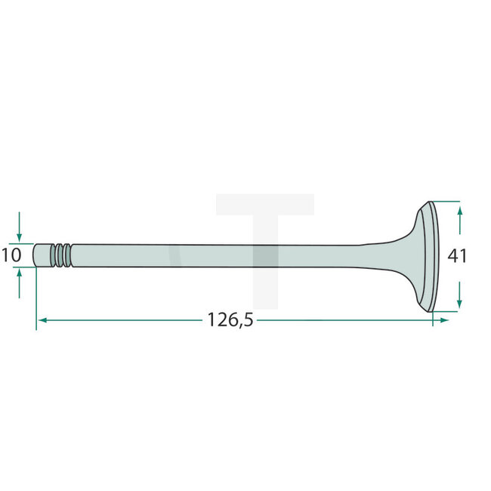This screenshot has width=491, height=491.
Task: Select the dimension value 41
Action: (x=457, y=256)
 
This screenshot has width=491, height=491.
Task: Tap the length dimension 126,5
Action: (x=230, y=320)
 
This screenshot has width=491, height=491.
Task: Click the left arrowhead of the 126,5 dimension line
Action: (x=42, y=320)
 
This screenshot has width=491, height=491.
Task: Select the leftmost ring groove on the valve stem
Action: (x=55, y=255)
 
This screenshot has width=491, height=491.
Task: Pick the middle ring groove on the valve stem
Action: (x=62, y=255)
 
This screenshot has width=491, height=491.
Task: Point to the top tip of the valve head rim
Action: (x=431, y=202)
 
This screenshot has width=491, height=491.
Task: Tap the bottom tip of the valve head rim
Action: (x=431, y=310)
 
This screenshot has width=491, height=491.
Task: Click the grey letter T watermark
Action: (x=264, y=227)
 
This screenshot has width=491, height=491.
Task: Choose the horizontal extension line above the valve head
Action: (x=446, y=202)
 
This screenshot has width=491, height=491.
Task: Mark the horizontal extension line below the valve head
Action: (x=446, y=310)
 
